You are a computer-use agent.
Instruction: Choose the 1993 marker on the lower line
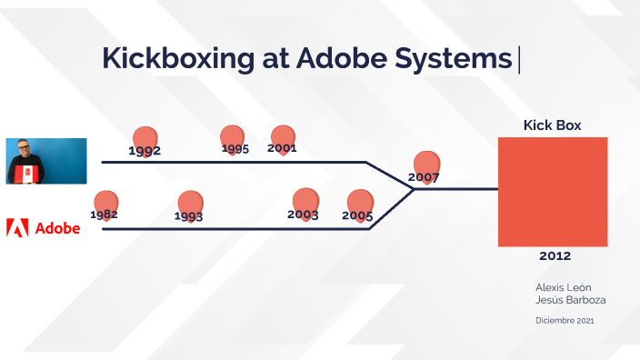click(189, 206)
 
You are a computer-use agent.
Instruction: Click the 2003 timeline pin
click(305, 205)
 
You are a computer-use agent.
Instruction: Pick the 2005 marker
click(359, 205)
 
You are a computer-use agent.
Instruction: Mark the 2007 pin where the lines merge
click(425, 167)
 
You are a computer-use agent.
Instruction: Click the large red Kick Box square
click(552, 191)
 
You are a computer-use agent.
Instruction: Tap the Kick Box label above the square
click(552, 125)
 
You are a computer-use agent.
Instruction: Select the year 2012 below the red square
click(555, 255)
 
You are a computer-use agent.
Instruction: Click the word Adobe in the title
click(341, 58)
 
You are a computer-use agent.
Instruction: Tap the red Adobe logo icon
click(17, 227)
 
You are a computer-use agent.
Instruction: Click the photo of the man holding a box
click(46, 161)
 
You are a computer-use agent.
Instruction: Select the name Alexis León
click(564, 287)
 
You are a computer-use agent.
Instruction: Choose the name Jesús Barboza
click(568, 300)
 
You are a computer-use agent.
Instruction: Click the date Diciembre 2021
click(565, 320)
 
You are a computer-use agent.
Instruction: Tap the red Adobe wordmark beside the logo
click(57, 228)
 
